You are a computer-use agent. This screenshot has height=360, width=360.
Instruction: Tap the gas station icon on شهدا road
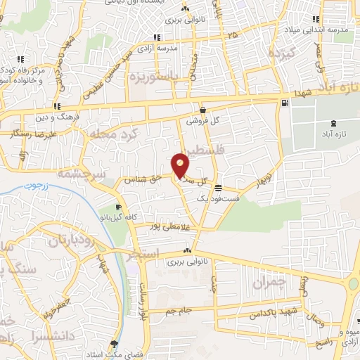coord(284,103)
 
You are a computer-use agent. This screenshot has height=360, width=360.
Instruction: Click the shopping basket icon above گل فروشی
coord(203,110)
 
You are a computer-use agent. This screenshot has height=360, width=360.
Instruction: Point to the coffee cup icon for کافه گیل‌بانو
coord(118,207)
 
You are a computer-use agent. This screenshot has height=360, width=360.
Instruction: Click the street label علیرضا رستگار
coord(28,133)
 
